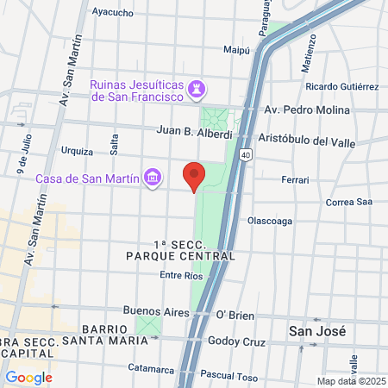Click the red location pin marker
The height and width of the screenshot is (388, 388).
(195, 176)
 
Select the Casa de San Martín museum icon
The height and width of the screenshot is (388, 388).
(153, 178)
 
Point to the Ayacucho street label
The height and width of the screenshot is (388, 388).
(112, 13)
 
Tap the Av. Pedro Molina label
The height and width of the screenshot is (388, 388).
(307, 110)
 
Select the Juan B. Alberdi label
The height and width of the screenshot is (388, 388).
(195, 134)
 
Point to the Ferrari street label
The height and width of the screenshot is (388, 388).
(295, 180)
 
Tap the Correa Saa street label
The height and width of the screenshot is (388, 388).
(349, 203)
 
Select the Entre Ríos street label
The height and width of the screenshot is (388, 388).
(181, 275)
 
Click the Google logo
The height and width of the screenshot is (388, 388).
(28, 377)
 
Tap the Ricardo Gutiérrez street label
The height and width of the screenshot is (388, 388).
(341, 87)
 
